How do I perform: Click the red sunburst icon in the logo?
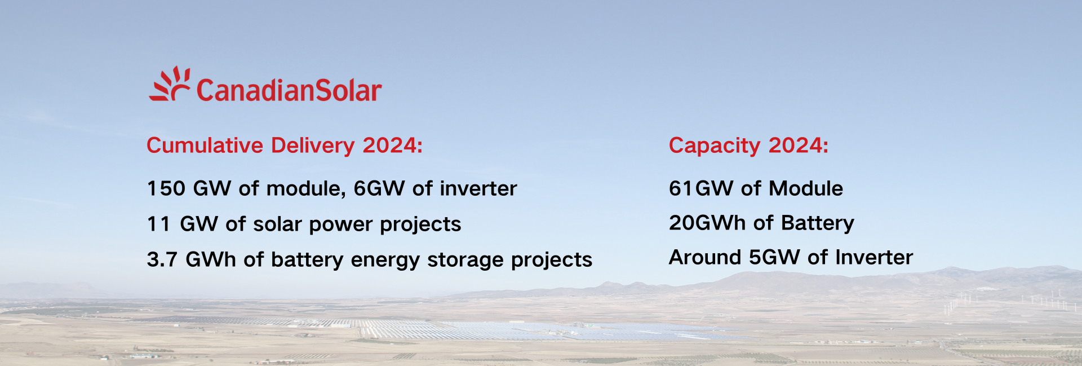pos(169,85)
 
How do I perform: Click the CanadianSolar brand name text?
pos(289,90)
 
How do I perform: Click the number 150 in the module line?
pos(166,188)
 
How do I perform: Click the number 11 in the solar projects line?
pos(158,224)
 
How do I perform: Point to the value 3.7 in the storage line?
pos(162,259)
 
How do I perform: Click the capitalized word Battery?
pos(818,223)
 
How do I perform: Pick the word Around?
pos(705,257)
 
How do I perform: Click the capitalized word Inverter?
pos(874,257)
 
